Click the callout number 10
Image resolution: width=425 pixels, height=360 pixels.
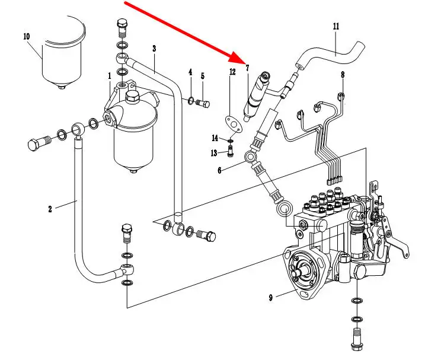(26, 36)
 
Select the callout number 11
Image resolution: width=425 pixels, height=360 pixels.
(336, 27)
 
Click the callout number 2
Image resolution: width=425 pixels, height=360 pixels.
(50, 208)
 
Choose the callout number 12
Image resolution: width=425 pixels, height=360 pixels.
(232, 72)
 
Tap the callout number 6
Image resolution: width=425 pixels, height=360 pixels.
(219, 170)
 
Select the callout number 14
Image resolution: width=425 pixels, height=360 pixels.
(215, 138)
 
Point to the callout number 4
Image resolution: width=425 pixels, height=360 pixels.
(190, 72)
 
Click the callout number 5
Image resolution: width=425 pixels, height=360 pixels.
(202, 76)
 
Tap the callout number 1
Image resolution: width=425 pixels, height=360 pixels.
(110, 76)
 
